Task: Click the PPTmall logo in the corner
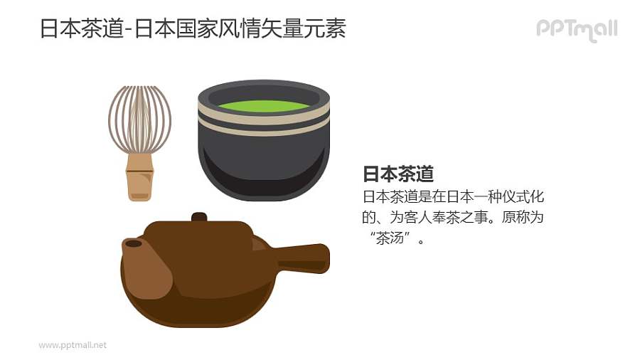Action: [576, 29]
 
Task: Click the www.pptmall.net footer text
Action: [73, 345]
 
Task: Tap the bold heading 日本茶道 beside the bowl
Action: [398, 175]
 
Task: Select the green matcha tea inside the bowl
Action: [263, 106]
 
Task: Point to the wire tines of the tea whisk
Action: [139, 118]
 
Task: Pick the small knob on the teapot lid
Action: [199, 216]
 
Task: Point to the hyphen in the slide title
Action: [126, 30]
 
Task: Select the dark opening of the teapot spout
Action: [132, 243]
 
